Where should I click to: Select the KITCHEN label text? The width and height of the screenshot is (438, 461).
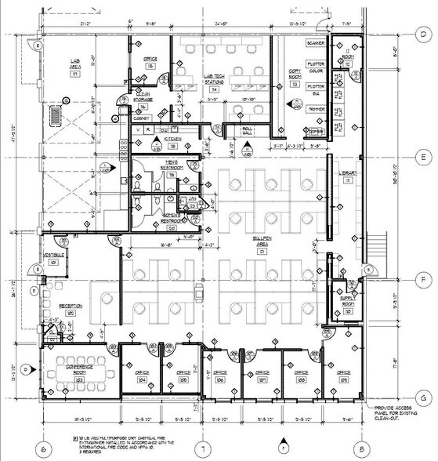coord(172,140)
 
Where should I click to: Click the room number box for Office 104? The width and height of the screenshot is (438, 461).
coord(142,379)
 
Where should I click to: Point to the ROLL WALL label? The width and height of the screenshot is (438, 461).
coord(248,131)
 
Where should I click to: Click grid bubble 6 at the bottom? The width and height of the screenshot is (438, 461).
coord(44,448)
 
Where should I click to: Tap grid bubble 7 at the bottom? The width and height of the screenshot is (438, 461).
coord(203,448)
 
